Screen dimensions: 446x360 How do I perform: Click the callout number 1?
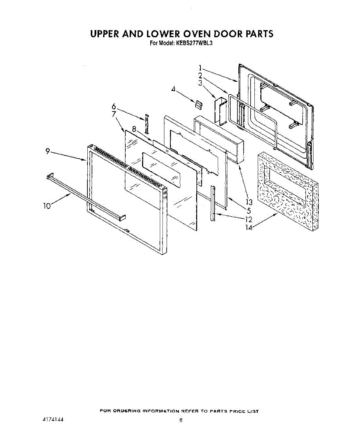pyautogui.click(x=200, y=68)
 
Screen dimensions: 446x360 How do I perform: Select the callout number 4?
pyautogui.click(x=173, y=89)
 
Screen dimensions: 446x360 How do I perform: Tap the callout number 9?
pyautogui.click(x=48, y=151)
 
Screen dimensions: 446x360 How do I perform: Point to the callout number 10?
pyautogui.click(x=47, y=206)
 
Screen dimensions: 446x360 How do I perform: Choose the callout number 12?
pyautogui.click(x=249, y=220)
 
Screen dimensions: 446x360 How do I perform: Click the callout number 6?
pyautogui.click(x=114, y=106)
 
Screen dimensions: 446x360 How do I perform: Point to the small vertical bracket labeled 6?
pyautogui.click(x=147, y=123)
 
